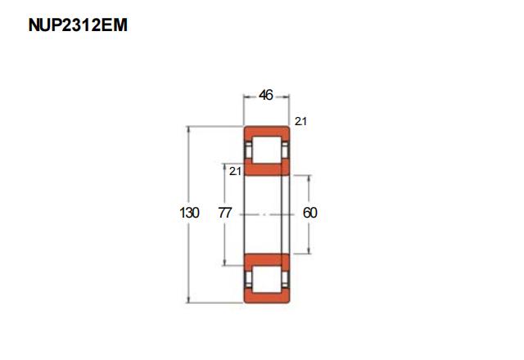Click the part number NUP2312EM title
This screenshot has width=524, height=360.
pyautogui.click(x=78, y=25)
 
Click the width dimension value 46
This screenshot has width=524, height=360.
pyautogui.click(x=266, y=95)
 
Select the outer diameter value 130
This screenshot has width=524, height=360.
pyautogui.click(x=189, y=213)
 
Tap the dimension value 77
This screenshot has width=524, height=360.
pyautogui.click(x=225, y=213)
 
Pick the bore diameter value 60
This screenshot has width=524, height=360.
pyautogui.click(x=309, y=213)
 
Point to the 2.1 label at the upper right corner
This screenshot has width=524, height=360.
pyautogui.click(x=300, y=121)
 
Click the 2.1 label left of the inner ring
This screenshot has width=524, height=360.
pyautogui.click(x=235, y=171)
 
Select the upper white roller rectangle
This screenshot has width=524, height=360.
pyautogui.click(x=266, y=150)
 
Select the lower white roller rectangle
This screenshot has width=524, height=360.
pyautogui.click(x=266, y=279)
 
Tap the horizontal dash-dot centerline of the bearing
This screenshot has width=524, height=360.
pyautogui.click(x=267, y=214)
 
